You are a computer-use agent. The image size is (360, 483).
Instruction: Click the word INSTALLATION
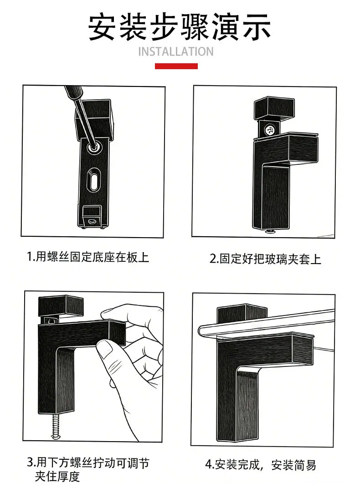click(176, 52)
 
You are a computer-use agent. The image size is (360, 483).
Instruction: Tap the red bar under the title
click(176, 66)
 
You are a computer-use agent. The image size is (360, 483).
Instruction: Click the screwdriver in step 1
click(81, 117)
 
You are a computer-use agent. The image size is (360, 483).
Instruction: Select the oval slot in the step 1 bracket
click(93, 179)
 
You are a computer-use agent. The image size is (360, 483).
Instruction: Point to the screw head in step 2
click(269, 130)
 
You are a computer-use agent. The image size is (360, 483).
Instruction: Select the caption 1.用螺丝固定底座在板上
click(88, 257)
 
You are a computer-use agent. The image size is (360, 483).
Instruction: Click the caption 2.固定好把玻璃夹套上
click(265, 259)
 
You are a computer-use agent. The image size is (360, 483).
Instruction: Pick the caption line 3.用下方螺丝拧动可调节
click(88, 463)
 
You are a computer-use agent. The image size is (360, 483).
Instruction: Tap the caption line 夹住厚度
click(57, 476)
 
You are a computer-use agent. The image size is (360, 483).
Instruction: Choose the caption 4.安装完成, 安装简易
click(261, 464)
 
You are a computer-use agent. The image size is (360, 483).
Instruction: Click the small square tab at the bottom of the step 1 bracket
click(92, 217)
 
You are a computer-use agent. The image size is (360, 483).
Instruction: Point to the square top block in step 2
click(274, 108)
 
